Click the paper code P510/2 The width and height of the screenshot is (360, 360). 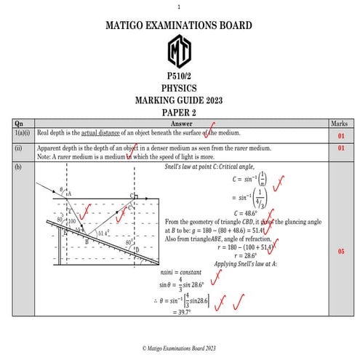coord(180,77)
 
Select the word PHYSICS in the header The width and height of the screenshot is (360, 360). coord(180,88)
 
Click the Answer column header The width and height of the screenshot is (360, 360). coord(180,124)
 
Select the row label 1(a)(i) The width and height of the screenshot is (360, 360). coord(23,134)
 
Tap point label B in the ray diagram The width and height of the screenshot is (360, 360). coord(86,241)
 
